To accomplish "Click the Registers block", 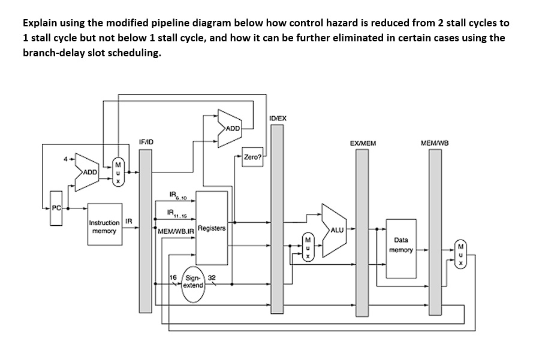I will pos(212,228).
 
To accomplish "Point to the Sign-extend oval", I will pos(193,282).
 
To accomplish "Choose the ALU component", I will pos(335,229).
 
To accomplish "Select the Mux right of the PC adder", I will pos(118,171).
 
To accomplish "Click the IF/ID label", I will pos(146,142).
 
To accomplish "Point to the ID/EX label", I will pos(278,118).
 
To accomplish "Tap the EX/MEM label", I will pos(362,143).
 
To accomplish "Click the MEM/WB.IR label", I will pos(176,231).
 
